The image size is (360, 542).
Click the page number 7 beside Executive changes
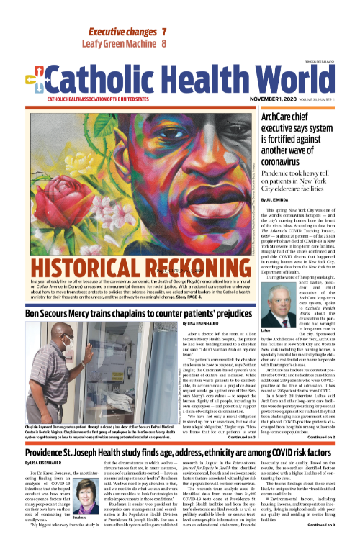pos(164,32)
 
